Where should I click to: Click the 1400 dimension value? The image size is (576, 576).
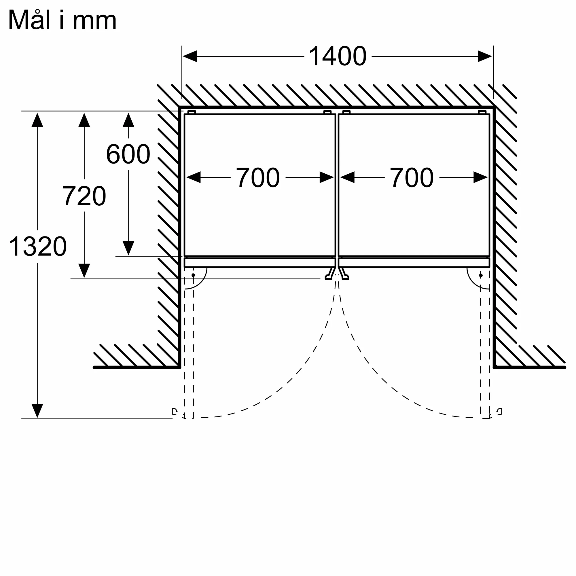pos(338,56)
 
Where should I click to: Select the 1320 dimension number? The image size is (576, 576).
pos(37,246)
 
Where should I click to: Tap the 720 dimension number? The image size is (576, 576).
pos(84,196)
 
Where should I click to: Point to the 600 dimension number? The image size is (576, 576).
pos(128,154)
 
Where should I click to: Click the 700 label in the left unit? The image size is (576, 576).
pos(258,178)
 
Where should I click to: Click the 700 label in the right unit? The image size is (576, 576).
pos(412,178)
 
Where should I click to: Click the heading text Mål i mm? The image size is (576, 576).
pos(62,20)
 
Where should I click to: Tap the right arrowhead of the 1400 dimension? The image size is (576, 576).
pos(485,56)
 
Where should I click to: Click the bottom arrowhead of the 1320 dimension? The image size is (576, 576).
pos(37,411)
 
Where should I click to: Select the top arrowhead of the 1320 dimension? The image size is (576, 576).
pos(37,120)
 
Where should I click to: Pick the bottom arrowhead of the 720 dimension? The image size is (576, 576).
pos(84,271)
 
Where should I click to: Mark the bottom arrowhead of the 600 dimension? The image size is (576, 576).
pos(128,248)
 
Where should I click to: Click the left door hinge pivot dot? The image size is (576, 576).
pos(193,275)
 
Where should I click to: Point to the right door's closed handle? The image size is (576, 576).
pos(344,273)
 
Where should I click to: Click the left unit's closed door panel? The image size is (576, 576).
pos(260,263)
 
